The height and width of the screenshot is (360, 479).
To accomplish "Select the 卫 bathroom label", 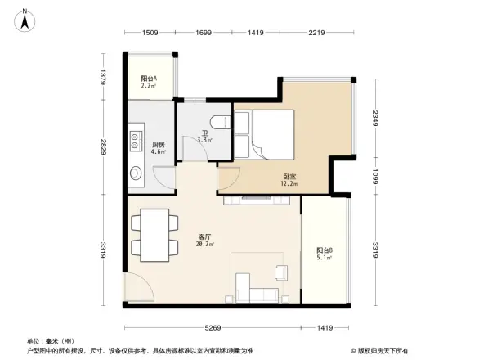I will [x=204, y=136].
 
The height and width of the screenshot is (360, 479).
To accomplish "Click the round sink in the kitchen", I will [x=136, y=173].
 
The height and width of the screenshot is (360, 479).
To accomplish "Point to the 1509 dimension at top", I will [x=150, y=33].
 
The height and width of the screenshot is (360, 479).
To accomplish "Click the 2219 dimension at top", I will [x=318, y=33].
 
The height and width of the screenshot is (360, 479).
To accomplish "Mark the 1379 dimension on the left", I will [x=104, y=77].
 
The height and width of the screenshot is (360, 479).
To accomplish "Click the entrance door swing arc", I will [x=137, y=286].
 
